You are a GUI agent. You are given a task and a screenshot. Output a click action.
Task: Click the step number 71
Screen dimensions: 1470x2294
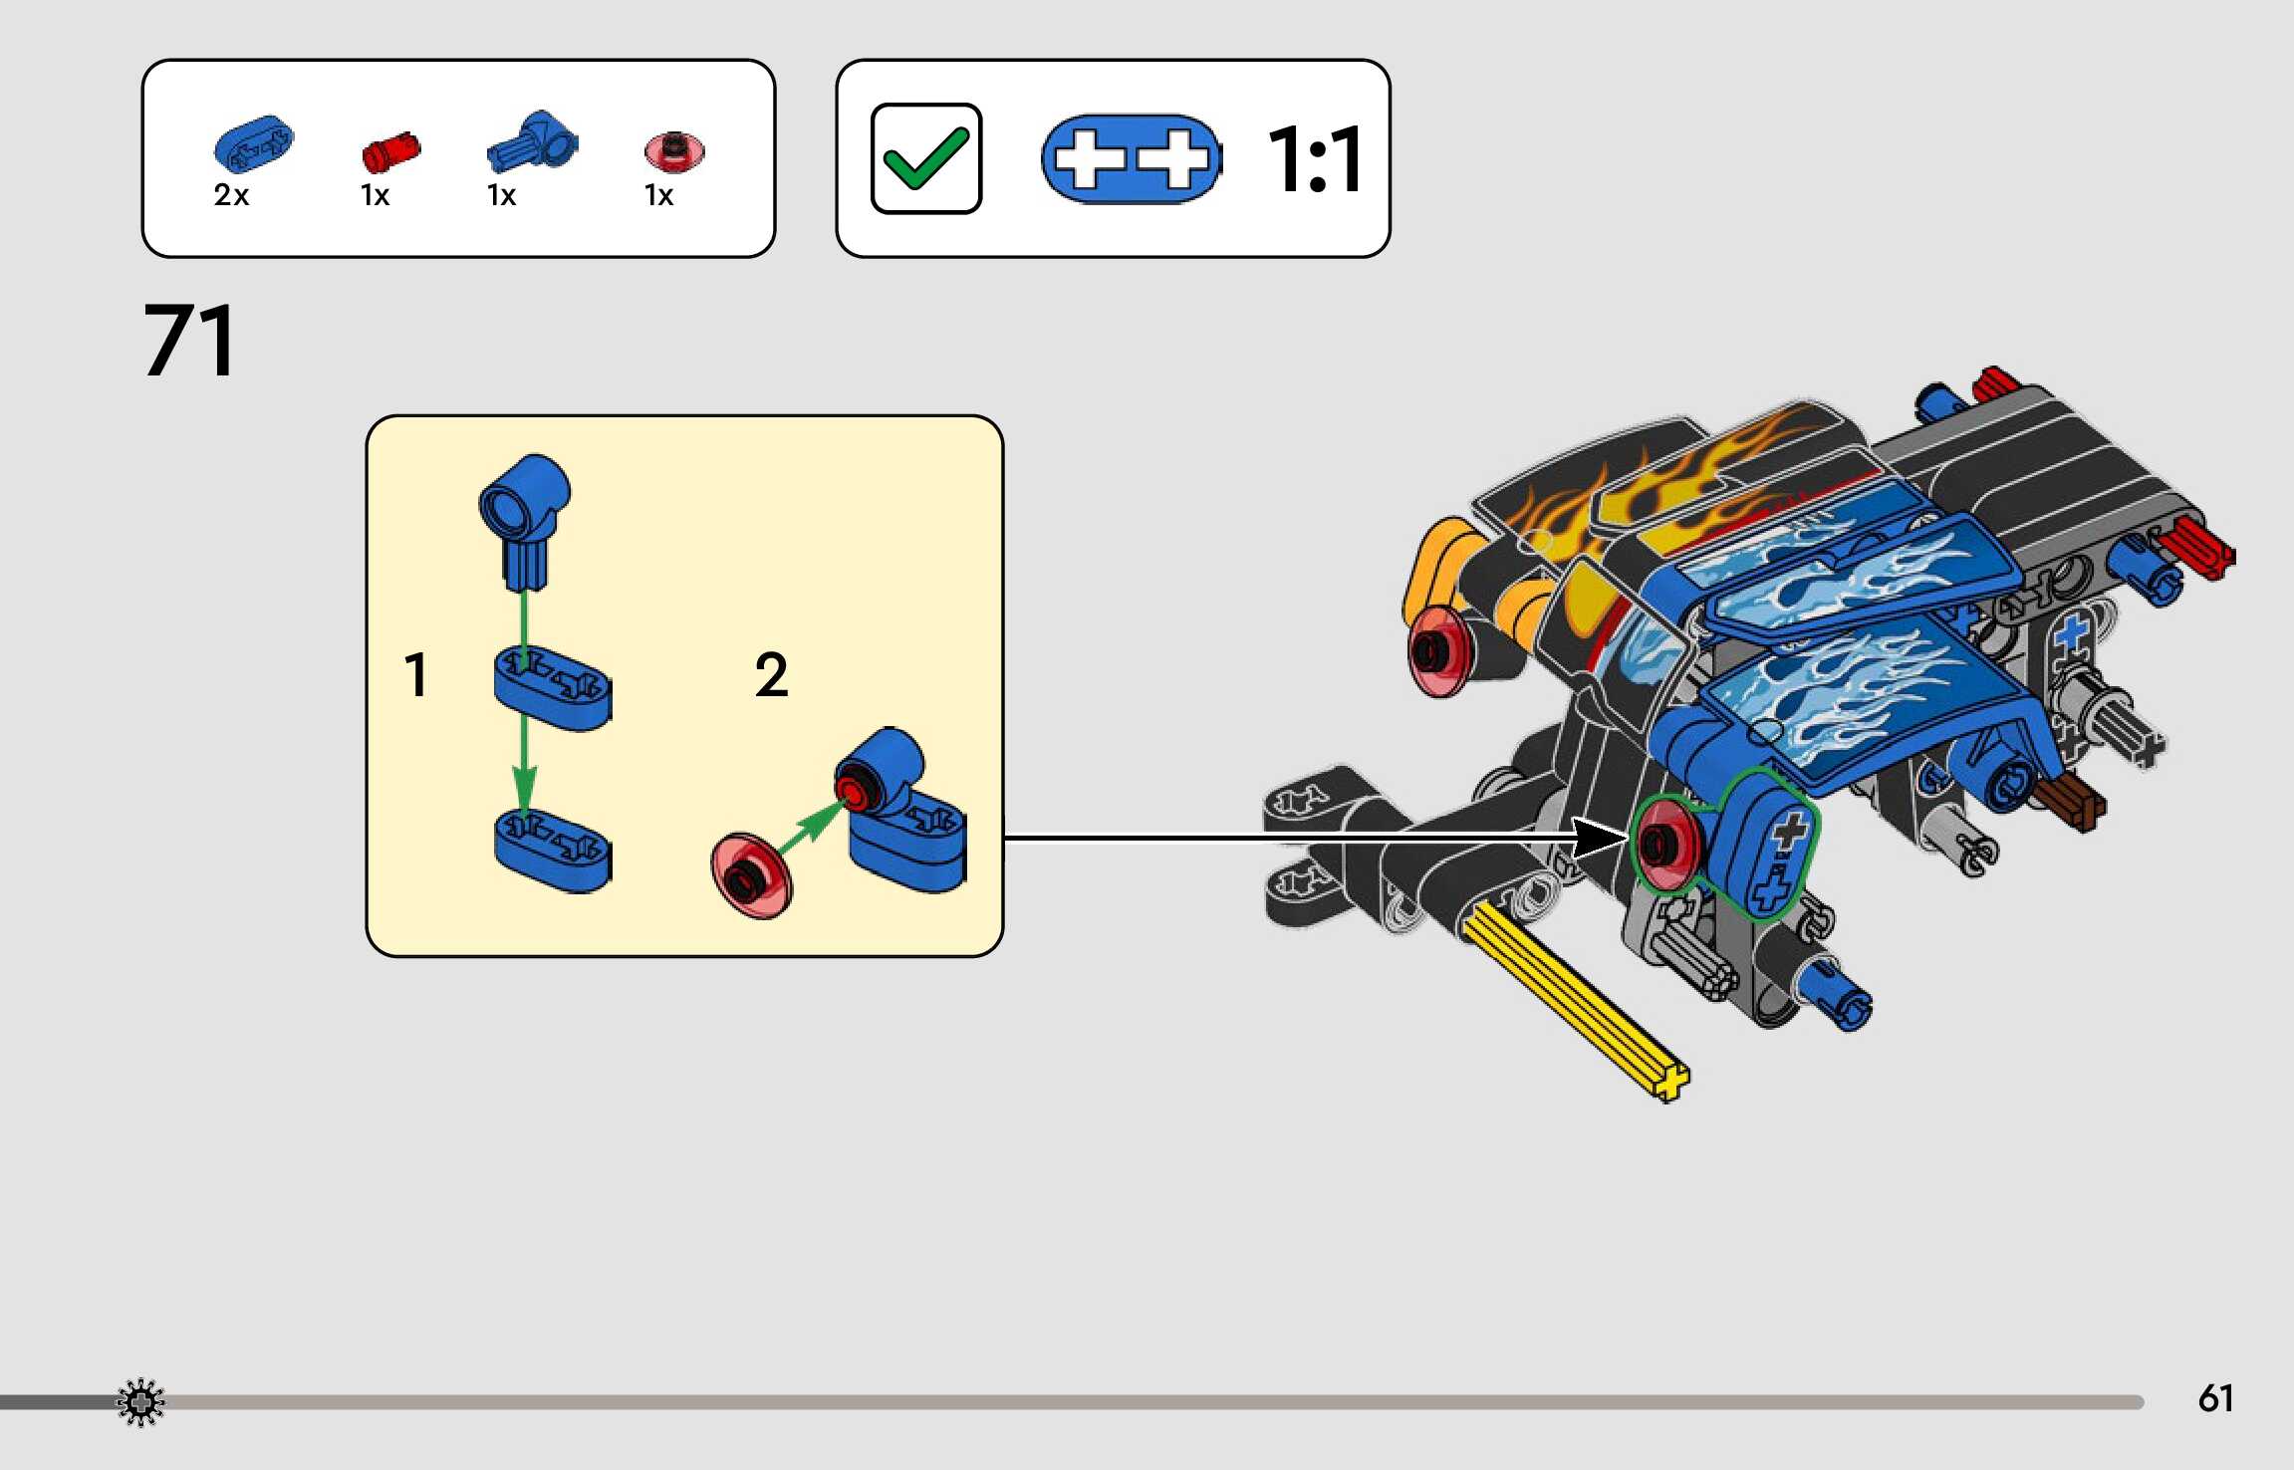[x=190, y=341]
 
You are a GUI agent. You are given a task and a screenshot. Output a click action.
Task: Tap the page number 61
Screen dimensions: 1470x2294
[x=2214, y=1398]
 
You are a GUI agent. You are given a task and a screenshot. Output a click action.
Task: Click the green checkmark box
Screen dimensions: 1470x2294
[x=925, y=158]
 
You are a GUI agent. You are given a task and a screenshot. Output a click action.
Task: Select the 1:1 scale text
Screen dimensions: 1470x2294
[x=1314, y=159]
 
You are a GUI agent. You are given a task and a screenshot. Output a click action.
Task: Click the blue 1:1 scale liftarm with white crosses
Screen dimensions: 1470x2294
[x=1131, y=159]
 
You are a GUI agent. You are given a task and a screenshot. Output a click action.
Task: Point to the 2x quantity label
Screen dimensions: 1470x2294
[x=230, y=195]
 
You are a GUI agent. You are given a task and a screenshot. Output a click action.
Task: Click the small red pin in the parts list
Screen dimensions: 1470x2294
[x=390, y=152]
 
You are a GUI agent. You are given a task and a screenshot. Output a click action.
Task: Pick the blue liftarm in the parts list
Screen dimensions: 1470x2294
[x=254, y=144]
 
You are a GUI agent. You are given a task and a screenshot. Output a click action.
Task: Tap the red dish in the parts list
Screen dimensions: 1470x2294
[x=674, y=151]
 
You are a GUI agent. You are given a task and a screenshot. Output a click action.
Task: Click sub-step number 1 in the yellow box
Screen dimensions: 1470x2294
[x=416, y=675]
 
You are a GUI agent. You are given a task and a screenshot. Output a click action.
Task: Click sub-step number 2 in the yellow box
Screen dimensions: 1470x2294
[x=771, y=675]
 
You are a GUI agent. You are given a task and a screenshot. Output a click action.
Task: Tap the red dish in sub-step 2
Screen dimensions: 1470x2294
[x=751, y=874]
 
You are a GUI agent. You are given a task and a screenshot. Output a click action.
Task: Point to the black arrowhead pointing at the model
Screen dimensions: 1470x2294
[x=1599, y=838]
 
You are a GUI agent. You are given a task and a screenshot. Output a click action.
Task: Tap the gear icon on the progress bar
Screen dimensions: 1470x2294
[x=140, y=1402]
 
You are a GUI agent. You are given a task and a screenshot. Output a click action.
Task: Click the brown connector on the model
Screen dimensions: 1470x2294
[x=2070, y=801]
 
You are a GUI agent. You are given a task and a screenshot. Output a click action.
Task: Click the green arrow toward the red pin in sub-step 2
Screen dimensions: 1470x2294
[x=809, y=826]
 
